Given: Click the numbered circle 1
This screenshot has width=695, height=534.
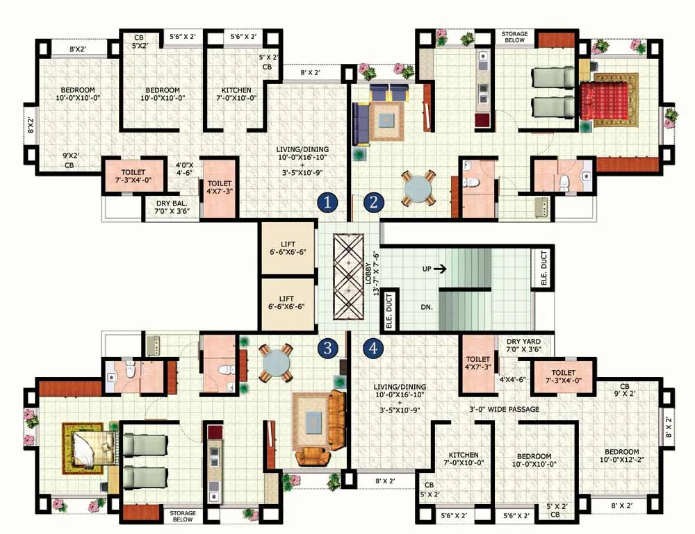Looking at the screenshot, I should [x=328, y=202].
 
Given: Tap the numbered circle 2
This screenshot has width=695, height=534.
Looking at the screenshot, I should [x=374, y=202].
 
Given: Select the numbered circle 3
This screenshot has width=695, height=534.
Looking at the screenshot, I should [x=328, y=348].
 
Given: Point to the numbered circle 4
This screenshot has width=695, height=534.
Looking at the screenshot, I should [x=374, y=348].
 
